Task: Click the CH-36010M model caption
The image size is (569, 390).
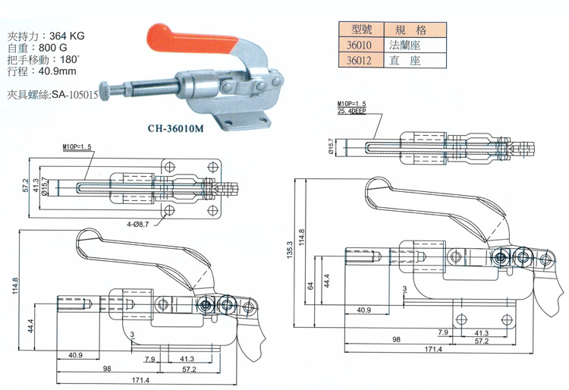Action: click(178, 128)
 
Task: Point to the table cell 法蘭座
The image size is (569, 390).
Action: click(403, 46)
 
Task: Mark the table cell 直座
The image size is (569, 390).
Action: click(403, 61)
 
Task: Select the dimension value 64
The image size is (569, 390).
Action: click(310, 285)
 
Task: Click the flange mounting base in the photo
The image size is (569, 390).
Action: click(241, 121)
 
